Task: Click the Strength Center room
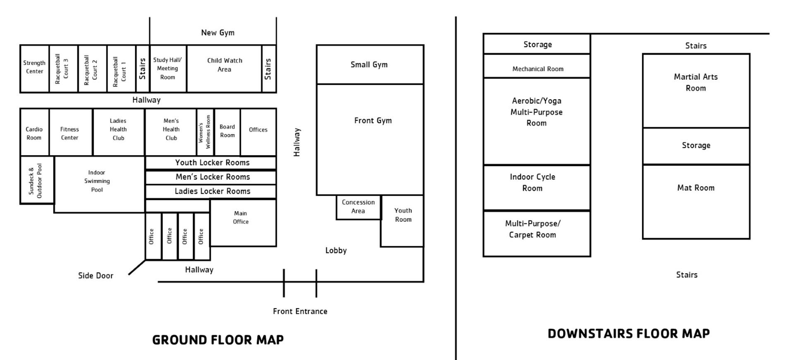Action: (34, 68)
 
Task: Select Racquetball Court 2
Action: (92, 69)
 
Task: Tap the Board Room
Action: (227, 132)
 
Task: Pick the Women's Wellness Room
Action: (205, 132)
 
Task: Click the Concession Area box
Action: (358, 207)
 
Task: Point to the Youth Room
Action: (403, 219)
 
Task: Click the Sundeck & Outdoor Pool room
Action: (36, 180)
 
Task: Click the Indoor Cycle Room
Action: (537, 187)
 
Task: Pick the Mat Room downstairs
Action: (696, 202)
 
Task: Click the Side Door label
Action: (96, 276)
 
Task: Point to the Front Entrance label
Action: (300, 311)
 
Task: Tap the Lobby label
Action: (336, 250)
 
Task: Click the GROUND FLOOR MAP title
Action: (218, 340)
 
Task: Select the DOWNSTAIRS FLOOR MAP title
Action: (628, 334)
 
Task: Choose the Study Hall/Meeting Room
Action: (168, 69)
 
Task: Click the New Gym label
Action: (218, 33)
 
